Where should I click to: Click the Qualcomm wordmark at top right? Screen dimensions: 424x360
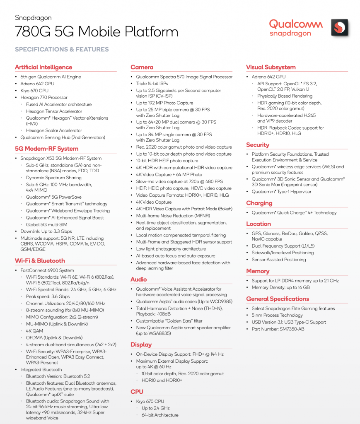[x=296, y=24]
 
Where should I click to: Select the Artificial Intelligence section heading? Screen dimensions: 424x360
[x=43, y=67]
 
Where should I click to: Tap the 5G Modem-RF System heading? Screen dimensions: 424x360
[x=46, y=149]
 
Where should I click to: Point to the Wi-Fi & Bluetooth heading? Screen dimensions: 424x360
[x=40, y=260]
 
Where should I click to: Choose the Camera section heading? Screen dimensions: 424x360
[x=142, y=67]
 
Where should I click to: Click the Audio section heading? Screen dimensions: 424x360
[x=139, y=279]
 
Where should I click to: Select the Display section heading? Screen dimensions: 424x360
[x=141, y=344]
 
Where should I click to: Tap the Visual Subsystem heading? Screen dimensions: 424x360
[x=271, y=67]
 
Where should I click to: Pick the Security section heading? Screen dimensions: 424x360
[x=258, y=145]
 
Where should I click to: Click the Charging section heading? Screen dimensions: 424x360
[x=259, y=203]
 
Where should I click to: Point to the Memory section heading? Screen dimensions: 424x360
[x=258, y=271]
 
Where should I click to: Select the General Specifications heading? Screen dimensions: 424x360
[x=278, y=299]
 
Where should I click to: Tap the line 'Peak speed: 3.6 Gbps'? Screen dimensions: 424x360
[x=48, y=296]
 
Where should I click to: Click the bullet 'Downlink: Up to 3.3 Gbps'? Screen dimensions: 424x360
[x=46, y=231]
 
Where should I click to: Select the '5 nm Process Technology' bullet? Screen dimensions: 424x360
[x=277, y=315]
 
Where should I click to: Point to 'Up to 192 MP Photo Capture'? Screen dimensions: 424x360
[x=164, y=103]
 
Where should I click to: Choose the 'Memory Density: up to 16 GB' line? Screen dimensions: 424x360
[x=280, y=287]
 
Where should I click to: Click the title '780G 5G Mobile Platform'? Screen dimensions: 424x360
[x=97, y=31]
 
